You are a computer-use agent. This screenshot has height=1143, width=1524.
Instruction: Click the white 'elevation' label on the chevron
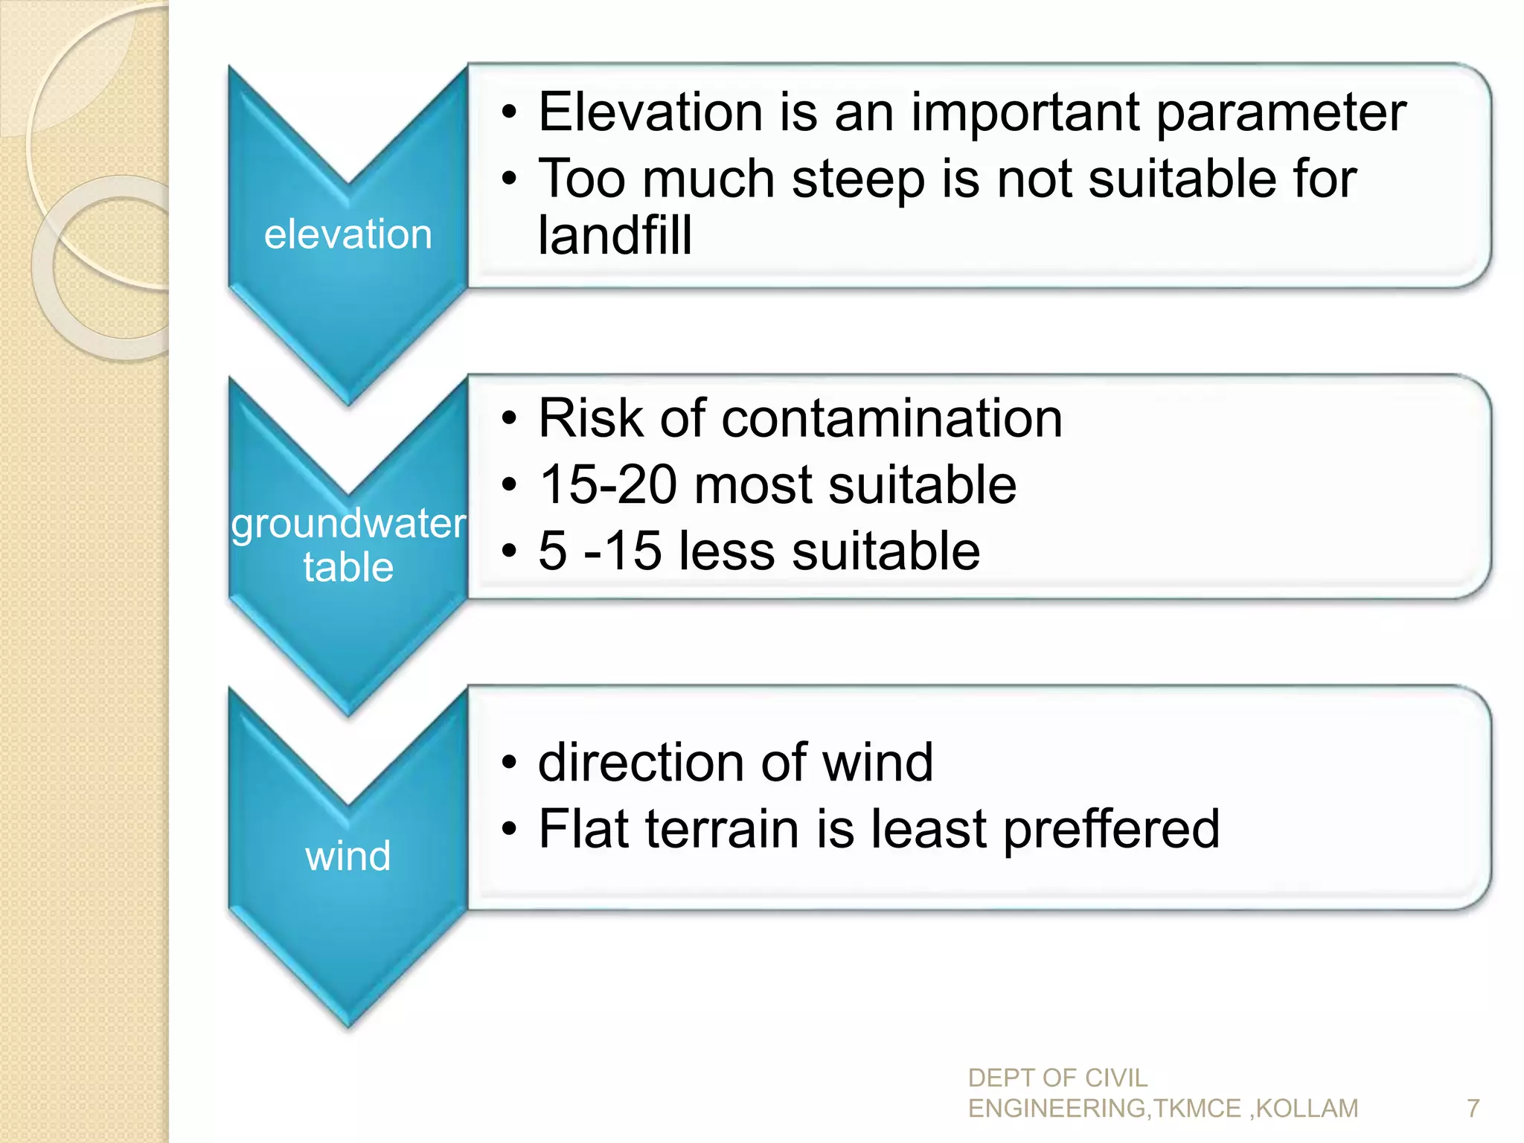tap(348, 234)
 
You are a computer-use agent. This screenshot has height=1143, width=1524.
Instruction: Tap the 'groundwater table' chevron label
tap(348, 545)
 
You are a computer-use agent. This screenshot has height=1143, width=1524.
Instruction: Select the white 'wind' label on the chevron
tap(348, 856)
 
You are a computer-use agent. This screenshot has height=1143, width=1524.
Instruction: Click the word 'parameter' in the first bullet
tap(1281, 113)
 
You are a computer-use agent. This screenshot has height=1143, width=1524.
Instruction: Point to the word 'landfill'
tap(615, 235)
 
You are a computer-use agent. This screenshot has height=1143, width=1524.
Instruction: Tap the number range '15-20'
tap(608, 485)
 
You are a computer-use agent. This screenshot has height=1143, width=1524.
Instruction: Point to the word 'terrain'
tap(722, 829)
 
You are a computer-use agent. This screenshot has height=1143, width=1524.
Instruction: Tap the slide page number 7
tap(1473, 1109)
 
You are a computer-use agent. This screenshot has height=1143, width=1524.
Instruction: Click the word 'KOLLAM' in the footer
tap(1307, 1109)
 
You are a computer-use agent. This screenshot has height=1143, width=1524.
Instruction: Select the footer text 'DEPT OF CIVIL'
tap(1057, 1078)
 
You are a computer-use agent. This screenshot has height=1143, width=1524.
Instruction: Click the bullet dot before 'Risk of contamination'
tap(508, 419)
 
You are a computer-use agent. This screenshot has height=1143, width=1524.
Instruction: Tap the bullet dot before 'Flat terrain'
tap(508, 829)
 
